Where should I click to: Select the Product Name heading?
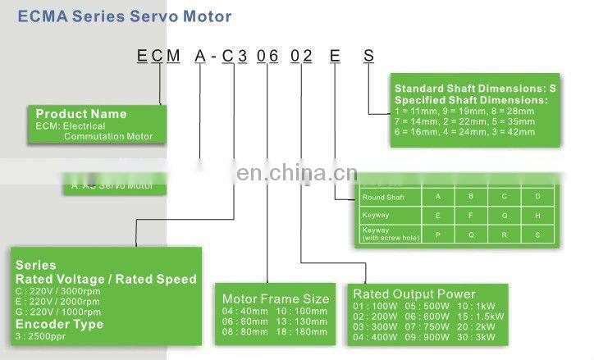[81, 114]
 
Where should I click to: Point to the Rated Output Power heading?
[414, 294]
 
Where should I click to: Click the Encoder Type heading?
[59, 324]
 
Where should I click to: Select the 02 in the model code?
[303, 57]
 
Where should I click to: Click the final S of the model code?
[369, 57]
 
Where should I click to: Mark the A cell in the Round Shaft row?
[437, 197]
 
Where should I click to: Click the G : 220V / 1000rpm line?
[57, 311]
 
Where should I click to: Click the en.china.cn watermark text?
[296, 173]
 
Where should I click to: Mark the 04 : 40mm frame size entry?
[245, 312]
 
